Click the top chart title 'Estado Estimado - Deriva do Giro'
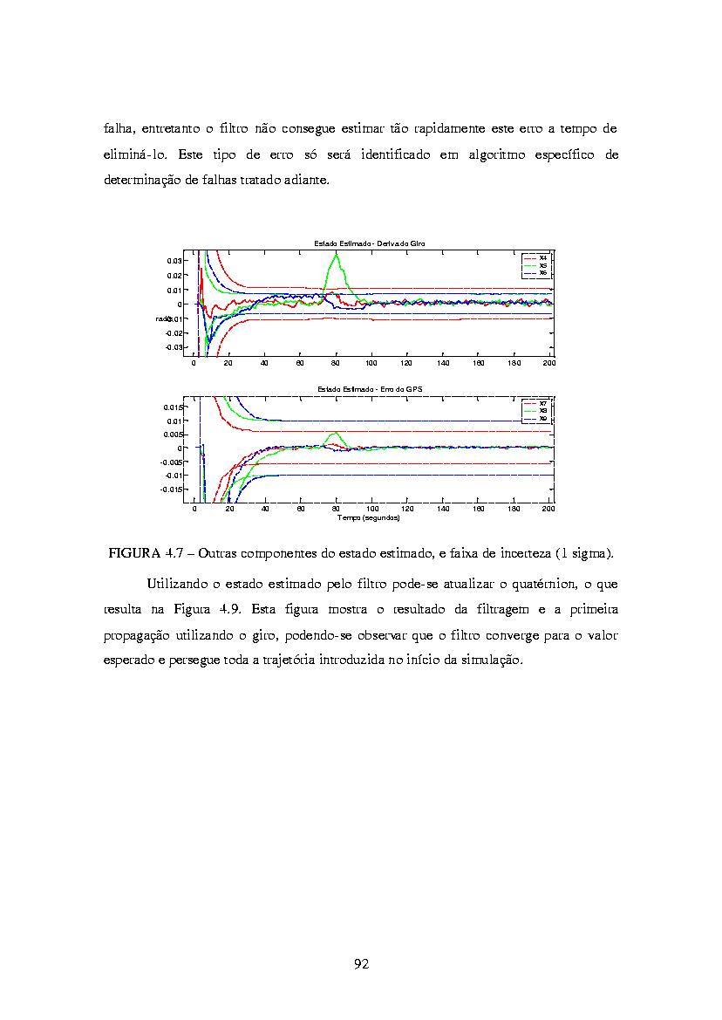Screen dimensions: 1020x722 (370, 242)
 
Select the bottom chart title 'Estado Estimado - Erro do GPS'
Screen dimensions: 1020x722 (370, 388)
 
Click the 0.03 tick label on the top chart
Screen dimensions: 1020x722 (174, 261)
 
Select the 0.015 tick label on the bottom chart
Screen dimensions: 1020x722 (173, 407)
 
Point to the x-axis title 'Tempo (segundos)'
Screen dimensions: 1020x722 (370, 517)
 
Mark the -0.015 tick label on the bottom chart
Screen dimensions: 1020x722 (171, 489)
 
